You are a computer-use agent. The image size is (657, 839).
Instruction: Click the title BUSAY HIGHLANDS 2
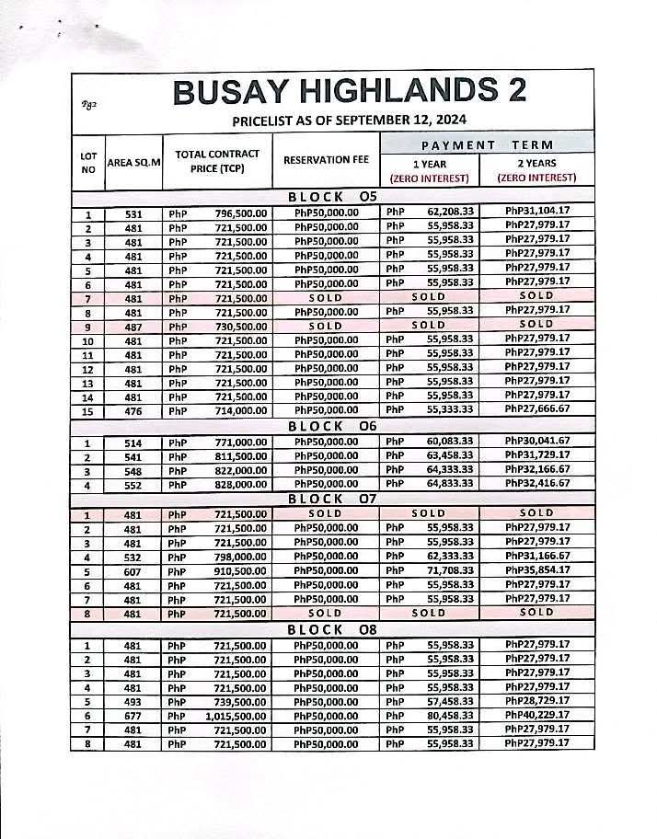coord(350,92)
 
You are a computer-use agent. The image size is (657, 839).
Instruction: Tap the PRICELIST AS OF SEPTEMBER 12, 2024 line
coord(350,120)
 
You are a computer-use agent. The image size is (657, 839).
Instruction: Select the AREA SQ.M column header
coord(133,162)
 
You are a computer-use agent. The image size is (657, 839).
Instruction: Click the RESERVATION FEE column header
coord(326,160)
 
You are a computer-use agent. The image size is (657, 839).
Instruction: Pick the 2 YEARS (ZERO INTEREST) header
coord(536,170)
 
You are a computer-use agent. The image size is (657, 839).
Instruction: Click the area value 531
coord(133,213)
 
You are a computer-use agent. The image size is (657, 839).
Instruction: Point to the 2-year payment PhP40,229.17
coord(537,715)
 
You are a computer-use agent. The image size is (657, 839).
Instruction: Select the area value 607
coord(133,570)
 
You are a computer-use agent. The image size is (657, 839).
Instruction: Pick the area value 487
coord(133,325)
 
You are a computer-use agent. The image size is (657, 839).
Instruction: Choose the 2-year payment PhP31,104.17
coord(537,213)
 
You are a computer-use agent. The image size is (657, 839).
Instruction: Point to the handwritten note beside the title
coord(88,103)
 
